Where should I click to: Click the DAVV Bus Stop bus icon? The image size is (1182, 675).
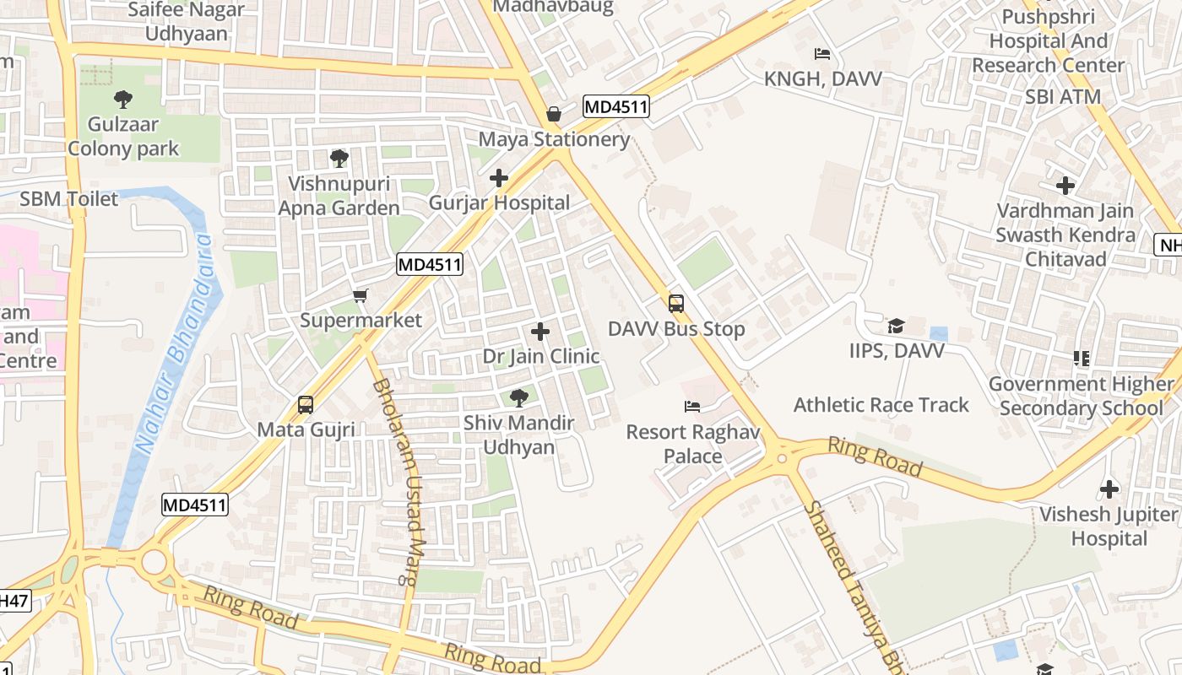(675, 304)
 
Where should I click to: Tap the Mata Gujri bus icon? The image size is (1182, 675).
(306, 405)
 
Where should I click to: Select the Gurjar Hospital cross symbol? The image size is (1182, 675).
(499, 178)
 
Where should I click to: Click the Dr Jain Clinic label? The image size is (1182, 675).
(541, 356)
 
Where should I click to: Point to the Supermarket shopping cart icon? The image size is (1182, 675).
(361, 295)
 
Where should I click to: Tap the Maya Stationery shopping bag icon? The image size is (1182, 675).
(554, 113)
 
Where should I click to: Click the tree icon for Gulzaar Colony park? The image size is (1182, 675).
(123, 100)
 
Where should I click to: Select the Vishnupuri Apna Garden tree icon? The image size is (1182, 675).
(339, 158)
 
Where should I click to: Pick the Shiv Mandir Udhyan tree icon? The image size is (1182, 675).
(518, 397)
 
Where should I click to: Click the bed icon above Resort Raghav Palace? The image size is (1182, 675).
(692, 407)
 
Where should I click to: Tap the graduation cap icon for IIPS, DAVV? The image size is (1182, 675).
(896, 326)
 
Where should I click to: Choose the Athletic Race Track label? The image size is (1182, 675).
(881, 405)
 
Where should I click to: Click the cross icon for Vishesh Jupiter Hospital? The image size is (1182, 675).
(1109, 489)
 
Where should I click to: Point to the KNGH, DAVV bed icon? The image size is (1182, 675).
(822, 54)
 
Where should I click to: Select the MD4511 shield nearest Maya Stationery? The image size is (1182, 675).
(615, 106)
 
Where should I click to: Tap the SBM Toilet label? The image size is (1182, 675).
(69, 199)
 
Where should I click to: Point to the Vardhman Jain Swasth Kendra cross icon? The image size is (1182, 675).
(1065, 186)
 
